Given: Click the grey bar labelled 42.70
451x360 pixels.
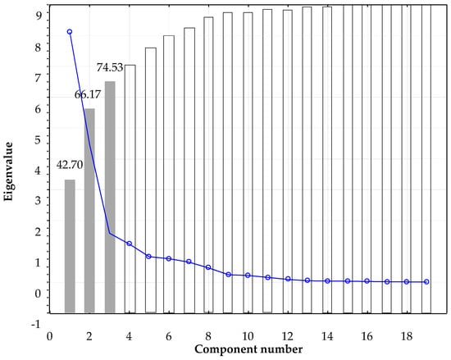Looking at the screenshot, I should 70,246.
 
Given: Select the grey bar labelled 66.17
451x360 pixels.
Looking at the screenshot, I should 89,211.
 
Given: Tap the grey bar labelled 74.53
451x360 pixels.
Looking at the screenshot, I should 110,197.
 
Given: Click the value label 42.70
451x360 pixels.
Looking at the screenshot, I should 70,165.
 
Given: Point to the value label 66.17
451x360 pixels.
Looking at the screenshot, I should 89,94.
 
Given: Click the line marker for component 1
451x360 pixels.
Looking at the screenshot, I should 70,32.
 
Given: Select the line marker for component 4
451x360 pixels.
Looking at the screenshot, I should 130,244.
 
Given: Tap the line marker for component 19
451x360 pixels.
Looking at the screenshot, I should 426,282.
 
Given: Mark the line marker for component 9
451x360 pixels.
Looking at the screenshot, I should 229,274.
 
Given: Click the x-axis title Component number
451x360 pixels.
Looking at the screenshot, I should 248,349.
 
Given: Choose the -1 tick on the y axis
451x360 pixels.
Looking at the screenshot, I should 36,324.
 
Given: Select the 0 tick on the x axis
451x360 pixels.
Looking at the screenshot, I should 49,336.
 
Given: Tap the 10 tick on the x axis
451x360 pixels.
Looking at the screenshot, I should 248,336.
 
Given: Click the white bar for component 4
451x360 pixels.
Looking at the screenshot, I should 130,189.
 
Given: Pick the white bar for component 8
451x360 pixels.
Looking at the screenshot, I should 209,164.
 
